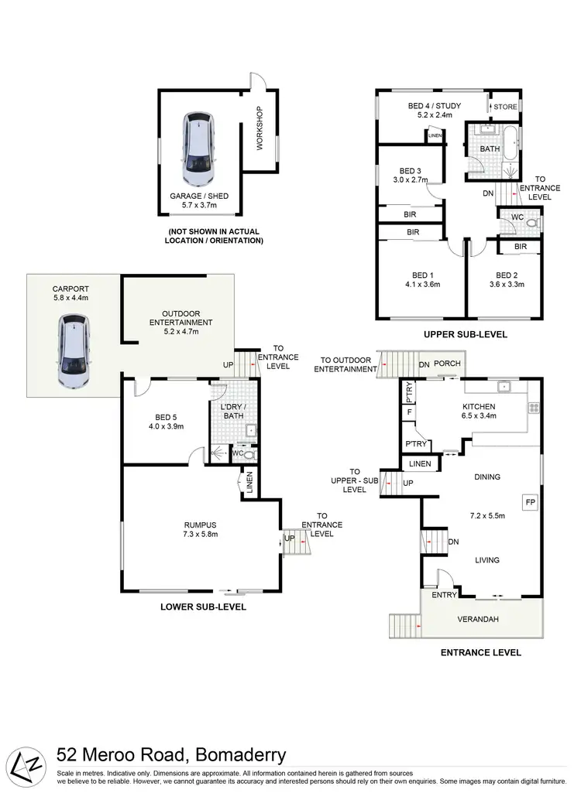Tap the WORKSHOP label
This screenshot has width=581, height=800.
260,128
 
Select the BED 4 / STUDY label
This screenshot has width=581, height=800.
435,106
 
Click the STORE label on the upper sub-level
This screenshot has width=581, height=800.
505,107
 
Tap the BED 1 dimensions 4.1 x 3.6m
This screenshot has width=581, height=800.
421,284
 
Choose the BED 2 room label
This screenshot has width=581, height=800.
507,275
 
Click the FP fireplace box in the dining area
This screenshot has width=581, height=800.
530,501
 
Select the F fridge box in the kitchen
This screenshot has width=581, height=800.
408,412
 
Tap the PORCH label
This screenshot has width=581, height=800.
447,364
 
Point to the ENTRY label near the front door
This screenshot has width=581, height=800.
444,595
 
